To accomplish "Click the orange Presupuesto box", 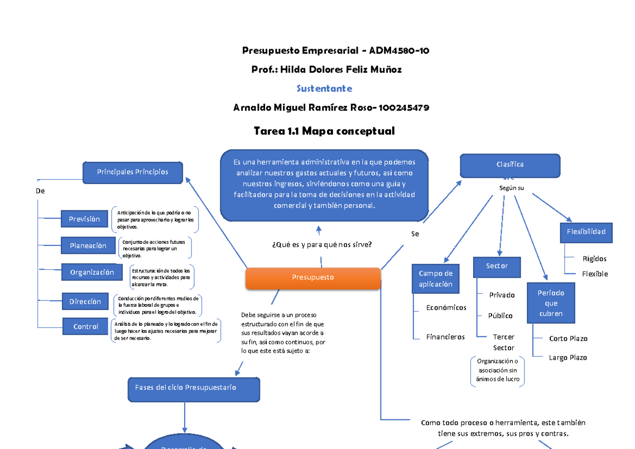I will click(313, 278).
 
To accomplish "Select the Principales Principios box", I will click(132, 172).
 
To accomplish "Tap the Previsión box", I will click(84, 219).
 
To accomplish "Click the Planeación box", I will click(88, 246).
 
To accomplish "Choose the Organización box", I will click(92, 273).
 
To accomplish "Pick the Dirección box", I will click(85, 302).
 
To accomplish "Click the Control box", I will click(86, 327).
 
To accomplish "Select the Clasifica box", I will click(510, 165).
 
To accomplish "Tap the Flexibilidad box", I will click(586, 232).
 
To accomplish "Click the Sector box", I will click(497, 267).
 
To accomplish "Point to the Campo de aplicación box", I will click(436, 279).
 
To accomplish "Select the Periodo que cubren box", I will click(551, 303).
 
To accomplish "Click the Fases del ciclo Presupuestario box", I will click(194, 388).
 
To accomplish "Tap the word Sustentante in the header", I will click(324, 88).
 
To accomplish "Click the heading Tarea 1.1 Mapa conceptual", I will click(324, 131).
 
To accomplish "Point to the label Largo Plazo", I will click(568, 358).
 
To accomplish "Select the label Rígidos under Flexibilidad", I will click(594, 259).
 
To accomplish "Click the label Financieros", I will click(445, 337).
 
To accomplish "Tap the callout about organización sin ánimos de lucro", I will click(497, 371).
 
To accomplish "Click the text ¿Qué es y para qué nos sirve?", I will click(321, 244).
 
